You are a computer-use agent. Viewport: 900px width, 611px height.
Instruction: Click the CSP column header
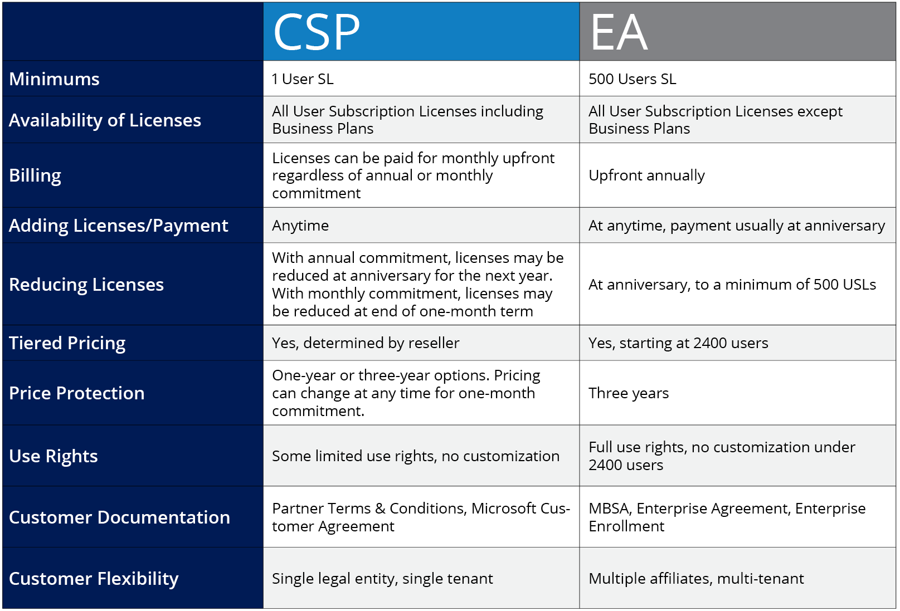[316, 32]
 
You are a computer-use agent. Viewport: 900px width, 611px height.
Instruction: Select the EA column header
[619, 32]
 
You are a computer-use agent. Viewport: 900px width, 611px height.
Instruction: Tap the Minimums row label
[54, 79]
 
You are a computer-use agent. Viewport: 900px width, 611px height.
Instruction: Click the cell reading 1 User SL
[303, 79]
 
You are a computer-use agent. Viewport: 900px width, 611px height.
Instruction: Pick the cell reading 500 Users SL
[633, 79]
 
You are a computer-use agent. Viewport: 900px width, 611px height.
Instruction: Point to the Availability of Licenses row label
[105, 120]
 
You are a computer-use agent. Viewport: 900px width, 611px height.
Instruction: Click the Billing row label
[35, 175]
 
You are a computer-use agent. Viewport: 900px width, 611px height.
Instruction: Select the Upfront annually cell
[646, 175]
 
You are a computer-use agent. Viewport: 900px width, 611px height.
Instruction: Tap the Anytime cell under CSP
[300, 226]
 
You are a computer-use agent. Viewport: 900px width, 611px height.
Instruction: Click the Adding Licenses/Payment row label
[119, 226]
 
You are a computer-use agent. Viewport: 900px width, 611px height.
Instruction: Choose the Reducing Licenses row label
[86, 285]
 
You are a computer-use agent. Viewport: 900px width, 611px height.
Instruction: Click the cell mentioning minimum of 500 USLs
[732, 285]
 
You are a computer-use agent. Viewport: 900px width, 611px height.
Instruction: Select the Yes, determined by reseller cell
[366, 343]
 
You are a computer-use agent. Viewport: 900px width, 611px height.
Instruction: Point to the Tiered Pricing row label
[67, 343]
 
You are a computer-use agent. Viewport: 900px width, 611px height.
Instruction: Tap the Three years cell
[629, 393]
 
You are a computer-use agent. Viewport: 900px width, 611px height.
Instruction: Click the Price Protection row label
[77, 393]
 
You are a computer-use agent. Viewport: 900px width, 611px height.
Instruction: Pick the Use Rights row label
[53, 456]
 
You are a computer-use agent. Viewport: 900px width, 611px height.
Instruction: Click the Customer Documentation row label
[119, 517]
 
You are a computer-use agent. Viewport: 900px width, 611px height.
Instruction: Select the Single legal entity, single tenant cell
[382, 579]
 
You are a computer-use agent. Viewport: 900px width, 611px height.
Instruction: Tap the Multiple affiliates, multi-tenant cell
[696, 579]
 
